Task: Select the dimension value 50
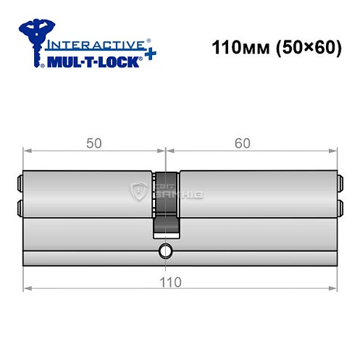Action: (x=94, y=143)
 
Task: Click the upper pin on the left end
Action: (x=19, y=182)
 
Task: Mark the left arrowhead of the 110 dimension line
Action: (x=28, y=289)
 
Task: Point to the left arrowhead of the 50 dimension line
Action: (x=28, y=151)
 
